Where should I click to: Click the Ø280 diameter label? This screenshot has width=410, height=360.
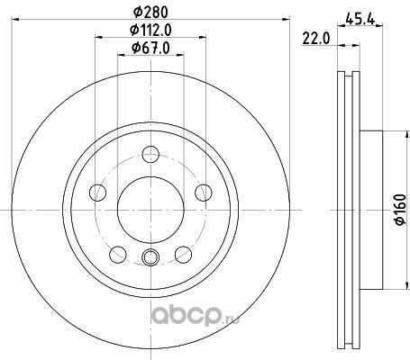[150, 13]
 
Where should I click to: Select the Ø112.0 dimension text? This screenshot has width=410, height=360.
[150, 30]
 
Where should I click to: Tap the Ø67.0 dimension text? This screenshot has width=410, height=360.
[150, 48]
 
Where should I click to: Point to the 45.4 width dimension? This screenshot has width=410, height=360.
[360, 20]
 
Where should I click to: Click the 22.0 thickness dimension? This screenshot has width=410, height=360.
[316, 39]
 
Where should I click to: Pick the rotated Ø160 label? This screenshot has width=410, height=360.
[400, 210]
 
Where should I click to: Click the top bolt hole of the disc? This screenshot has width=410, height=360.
[150, 154]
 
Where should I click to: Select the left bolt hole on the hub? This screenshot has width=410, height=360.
[97, 193]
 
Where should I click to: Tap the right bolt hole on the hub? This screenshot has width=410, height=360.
[204, 193]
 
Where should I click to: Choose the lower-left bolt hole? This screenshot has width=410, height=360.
[118, 255]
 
